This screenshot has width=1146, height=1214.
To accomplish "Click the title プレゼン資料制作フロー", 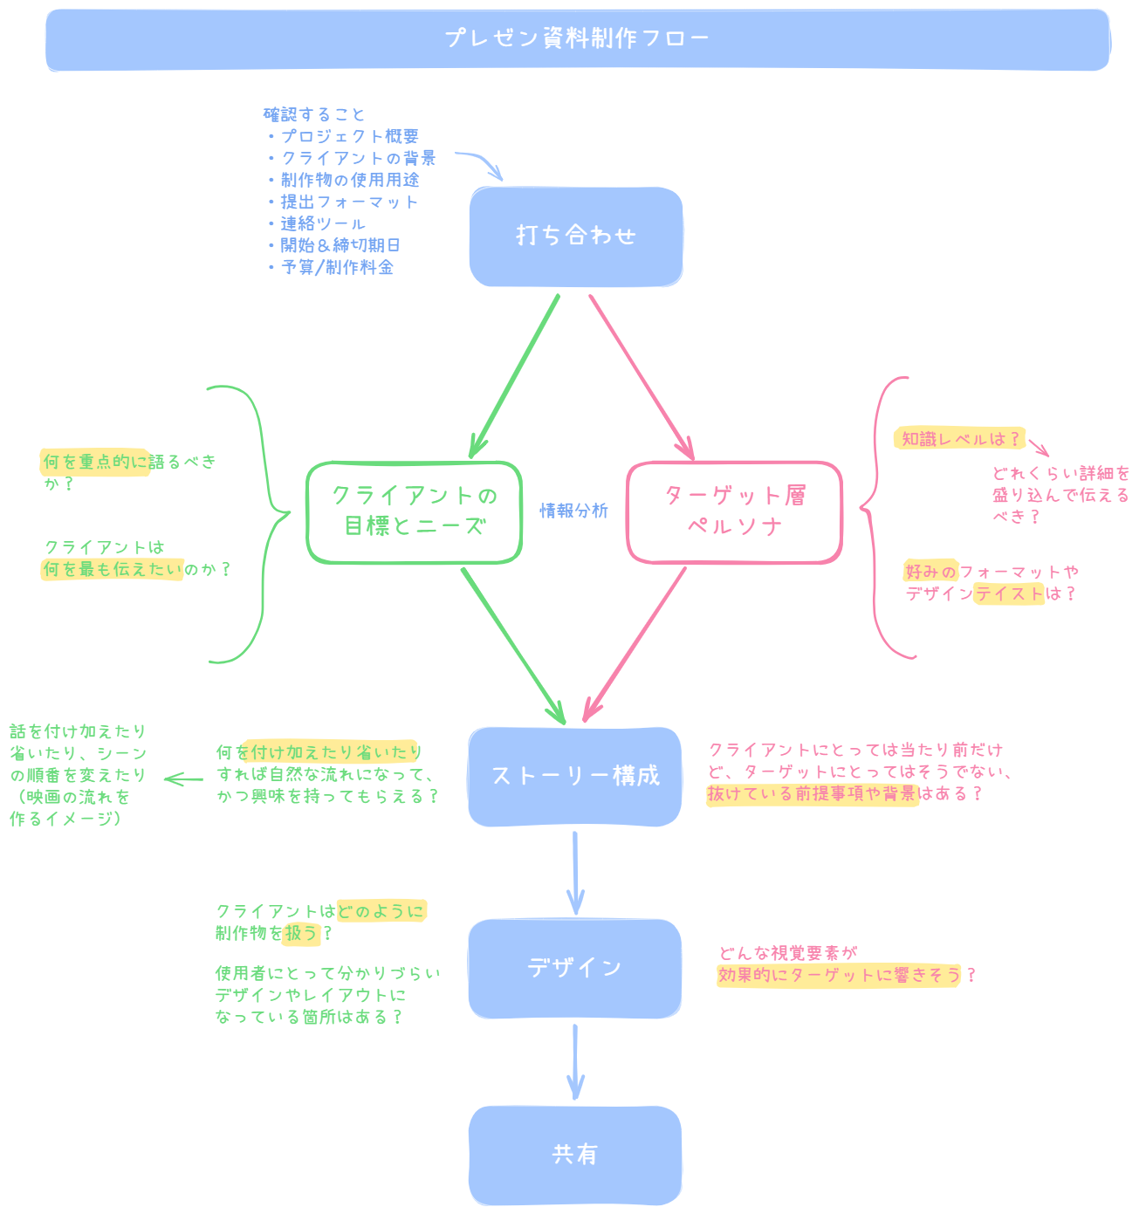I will coord(576,39).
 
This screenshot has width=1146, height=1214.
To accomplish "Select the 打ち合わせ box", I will coord(576,237).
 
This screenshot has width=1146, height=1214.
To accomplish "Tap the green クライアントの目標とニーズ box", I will coord(414,512).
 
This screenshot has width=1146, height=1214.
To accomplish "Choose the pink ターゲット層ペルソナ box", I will coord(734,512).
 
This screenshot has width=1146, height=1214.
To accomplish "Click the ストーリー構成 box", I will coord(574,777).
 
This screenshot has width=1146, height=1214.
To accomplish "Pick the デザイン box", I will coord(574,968).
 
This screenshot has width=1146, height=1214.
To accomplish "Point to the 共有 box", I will coord(574,1155).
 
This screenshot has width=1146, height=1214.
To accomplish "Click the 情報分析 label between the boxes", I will coord(573,511).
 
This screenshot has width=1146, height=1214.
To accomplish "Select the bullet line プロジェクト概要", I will coord(349,137).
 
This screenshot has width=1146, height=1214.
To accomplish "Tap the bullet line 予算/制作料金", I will coord(337,268).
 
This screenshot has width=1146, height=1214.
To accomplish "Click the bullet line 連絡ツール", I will coord(322,224).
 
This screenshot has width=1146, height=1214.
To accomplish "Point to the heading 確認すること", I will coord(314,114).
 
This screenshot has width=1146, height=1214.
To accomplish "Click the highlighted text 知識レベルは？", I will coord(959,439).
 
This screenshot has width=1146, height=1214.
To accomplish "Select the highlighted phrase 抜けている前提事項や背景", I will coord(812,794).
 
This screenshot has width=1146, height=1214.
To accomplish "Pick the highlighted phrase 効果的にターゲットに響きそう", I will coord(839,976).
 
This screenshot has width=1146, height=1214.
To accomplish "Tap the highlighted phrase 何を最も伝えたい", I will coord(113,570).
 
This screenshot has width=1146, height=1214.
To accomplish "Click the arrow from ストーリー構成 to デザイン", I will coord(575,873).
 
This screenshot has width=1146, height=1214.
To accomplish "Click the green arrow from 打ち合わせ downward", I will coord(515,375).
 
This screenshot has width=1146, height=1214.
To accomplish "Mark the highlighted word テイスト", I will coord(1009,594).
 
